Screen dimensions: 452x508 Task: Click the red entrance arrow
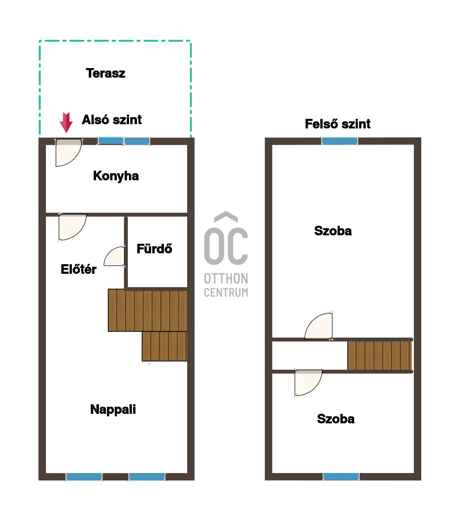(x=66, y=122)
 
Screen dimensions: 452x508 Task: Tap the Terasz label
(x=106, y=73)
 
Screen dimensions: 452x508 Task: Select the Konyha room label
(x=116, y=176)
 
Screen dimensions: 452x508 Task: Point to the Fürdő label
(x=154, y=248)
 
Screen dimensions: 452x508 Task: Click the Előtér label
(x=78, y=269)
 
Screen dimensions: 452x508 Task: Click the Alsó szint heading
(x=112, y=120)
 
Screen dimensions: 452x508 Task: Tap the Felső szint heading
(x=338, y=124)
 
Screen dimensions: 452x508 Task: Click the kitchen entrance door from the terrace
(x=68, y=153)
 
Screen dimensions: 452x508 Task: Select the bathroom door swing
(x=114, y=256)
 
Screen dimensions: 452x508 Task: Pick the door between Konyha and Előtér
(x=72, y=227)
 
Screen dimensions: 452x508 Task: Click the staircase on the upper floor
(x=380, y=356)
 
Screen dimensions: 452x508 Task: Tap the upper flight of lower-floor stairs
(x=148, y=310)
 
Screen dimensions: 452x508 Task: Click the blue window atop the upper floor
(x=339, y=141)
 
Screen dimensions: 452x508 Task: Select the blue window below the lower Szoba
(x=341, y=477)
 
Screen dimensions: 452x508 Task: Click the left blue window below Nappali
(x=84, y=477)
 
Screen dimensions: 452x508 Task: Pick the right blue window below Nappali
(x=147, y=477)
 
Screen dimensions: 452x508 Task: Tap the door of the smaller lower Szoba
(x=308, y=383)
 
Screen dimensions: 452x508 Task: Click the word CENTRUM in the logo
(x=226, y=292)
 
